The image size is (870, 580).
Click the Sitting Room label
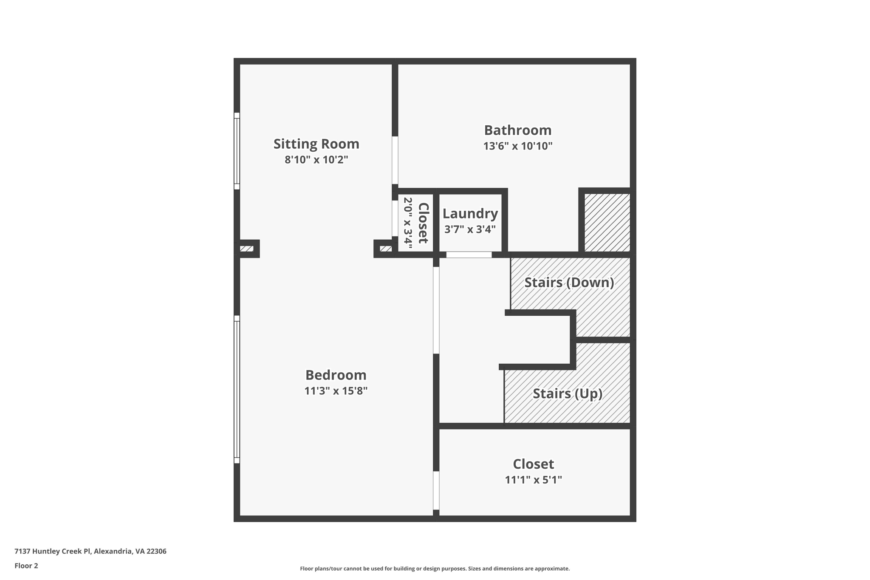pyautogui.click(x=316, y=144)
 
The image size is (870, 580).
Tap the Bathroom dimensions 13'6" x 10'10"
pyautogui.click(x=517, y=146)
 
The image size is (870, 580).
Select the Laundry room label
pyautogui.click(x=470, y=213)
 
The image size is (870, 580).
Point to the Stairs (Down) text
pyautogui.click(x=569, y=283)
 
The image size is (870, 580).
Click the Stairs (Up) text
pyautogui.click(x=568, y=393)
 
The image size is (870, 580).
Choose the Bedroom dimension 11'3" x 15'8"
pyautogui.click(x=336, y=391)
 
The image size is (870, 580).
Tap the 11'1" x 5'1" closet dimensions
pyautogui.click(x=533, y=480)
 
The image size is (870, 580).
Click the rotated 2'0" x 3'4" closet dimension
pyautogui.click(x=408, y=223)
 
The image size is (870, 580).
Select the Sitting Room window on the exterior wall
pyautogui.click(x=237, y=151)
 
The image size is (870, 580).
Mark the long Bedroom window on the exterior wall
pyautogui.click(x=237, y=389)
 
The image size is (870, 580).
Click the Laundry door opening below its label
pyautogui.click(x=469, y=255)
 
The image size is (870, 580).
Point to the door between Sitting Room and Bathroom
pyautogui.click(x=395, y=160)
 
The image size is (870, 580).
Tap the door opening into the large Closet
pyautogui.click(x=436, y=490)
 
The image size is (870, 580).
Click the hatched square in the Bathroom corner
pyautogui.click(x=607, y=222)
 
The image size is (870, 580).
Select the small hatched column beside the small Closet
pyautogui.click(x=385, y=249)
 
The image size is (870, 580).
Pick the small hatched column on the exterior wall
pyautogui.click(x=246, y=249)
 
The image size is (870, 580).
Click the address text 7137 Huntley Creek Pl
pyautogui.click(x=90, y=551)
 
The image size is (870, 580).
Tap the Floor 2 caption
pyautogui.click(x=26, y=566)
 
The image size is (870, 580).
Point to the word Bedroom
pyautogui.click(x=336, y=375)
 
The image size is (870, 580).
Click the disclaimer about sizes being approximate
pyautogui.click(x=435, y=569)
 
